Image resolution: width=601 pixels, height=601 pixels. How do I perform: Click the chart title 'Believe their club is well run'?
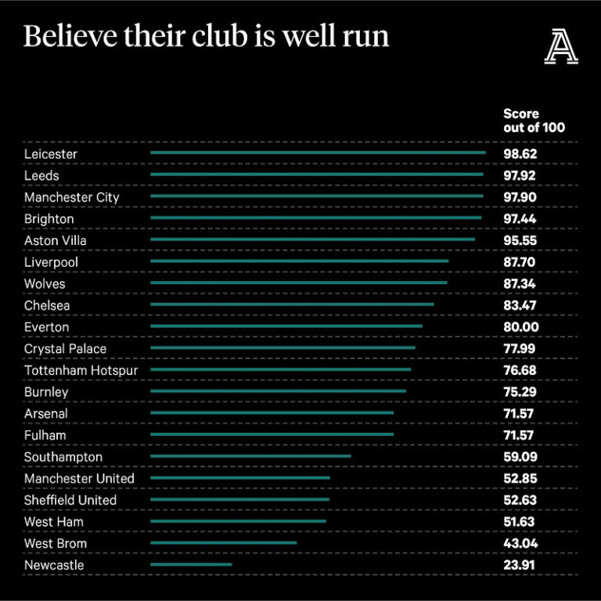pyautogui.click(x=206, y=37)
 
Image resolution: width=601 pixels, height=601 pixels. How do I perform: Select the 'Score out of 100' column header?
pyautogui.click(x=534, y=121)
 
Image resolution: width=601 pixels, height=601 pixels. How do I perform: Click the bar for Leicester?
pyautogui.click(x=317, y=153)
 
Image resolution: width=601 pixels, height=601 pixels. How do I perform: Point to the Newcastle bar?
pyautogui.click(x=191, y=564)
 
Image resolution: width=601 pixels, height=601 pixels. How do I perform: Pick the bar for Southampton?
pyautogui.click(x=250, y=456)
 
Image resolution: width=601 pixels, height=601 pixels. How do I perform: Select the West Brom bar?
pyautogui.click(x=223, y=542)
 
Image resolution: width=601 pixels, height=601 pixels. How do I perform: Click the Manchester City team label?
pyautogui.click(x=72, y=197)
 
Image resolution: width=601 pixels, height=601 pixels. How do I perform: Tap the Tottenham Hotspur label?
pyautogui.click(x=81, y=370)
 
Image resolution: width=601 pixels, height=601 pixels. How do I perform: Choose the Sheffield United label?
pyautogui.click(x=70, y=500)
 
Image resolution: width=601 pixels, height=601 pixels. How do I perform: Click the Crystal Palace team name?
pyautogui.click(x=65, y=348)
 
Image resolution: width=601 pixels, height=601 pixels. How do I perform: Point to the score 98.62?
pyautogui.click(x=520, y=154)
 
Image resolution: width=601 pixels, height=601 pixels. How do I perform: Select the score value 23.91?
pyautogui.click(x=520, y=565)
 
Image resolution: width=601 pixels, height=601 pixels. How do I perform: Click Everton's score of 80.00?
pyautogui.click(x=520, y=327)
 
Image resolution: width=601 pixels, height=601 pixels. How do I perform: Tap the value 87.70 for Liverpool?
pyautogui.click(x=520, y=262)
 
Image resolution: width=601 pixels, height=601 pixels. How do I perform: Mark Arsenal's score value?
pyautogui.click(x=520, y=413)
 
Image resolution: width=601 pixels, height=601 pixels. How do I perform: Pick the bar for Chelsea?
pyautogui.click(x=292, y=304)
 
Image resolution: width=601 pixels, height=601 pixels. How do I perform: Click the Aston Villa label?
pyautogui.click(x=56, y=240)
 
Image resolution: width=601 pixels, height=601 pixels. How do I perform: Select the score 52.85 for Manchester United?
pyautogui.click(x=520, y=478)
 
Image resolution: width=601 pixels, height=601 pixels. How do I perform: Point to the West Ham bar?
pyautogui.click(x=238, y=521)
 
